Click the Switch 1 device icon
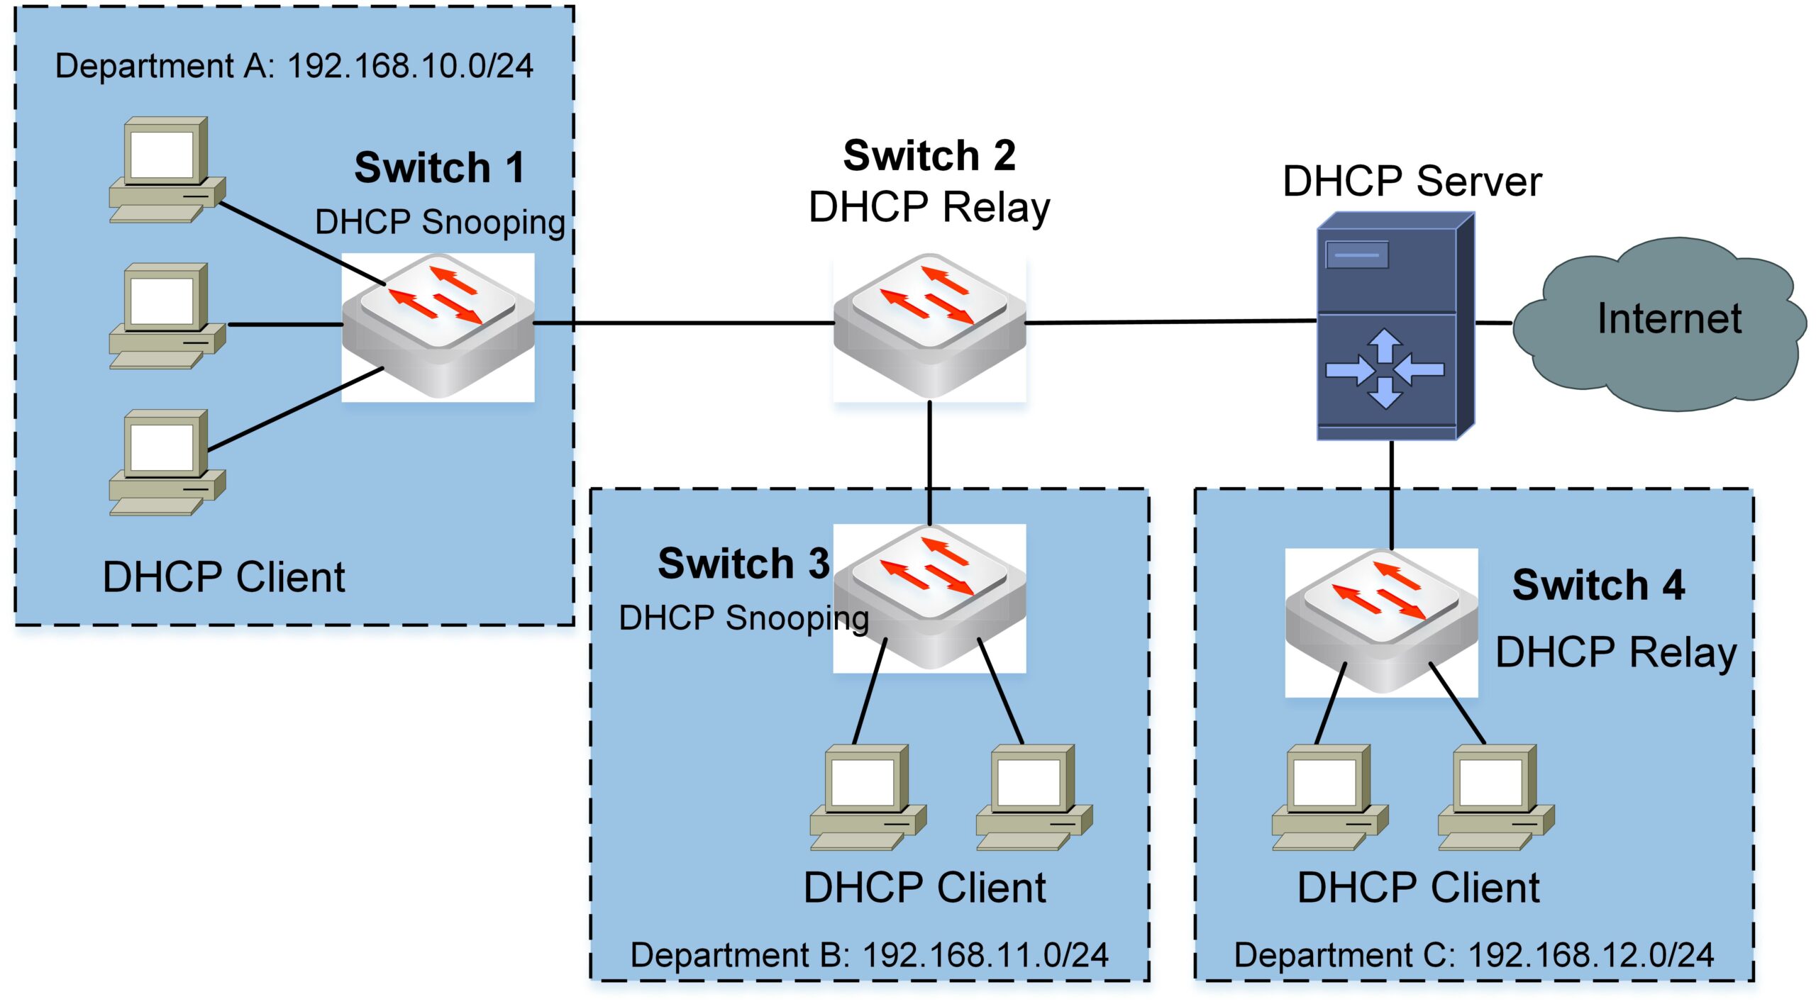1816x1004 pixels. tap(438, 326)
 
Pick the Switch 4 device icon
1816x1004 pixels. tap(1381, 621)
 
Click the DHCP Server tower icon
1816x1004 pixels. tap(1394, 326)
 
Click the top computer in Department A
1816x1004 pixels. tap(167, 170)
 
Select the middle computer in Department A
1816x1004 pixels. tap(167, 316)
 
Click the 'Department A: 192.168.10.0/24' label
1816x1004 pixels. tap(294, 66)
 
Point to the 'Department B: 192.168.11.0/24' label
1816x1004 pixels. tap(869, 954)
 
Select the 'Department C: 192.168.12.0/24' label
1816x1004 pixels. tap(1473, 954)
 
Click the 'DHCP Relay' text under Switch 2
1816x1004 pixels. tap(929, 208)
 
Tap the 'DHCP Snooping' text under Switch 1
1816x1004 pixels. tap(440, 222)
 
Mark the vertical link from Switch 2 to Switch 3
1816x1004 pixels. tap(929, 461)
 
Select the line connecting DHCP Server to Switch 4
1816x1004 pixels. tap(1392, 493)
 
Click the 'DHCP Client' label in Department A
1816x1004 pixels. tap(223, 576)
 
